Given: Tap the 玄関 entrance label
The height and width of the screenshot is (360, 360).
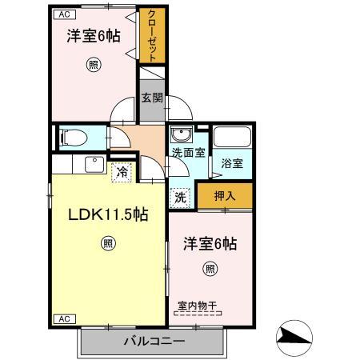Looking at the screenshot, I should (152, 98).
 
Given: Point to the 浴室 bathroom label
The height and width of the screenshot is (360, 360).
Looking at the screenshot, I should (232, 163).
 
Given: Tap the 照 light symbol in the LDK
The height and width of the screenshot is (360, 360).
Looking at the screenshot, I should (106, 244).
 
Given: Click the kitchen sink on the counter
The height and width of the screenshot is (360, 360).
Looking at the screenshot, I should (94, 163).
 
